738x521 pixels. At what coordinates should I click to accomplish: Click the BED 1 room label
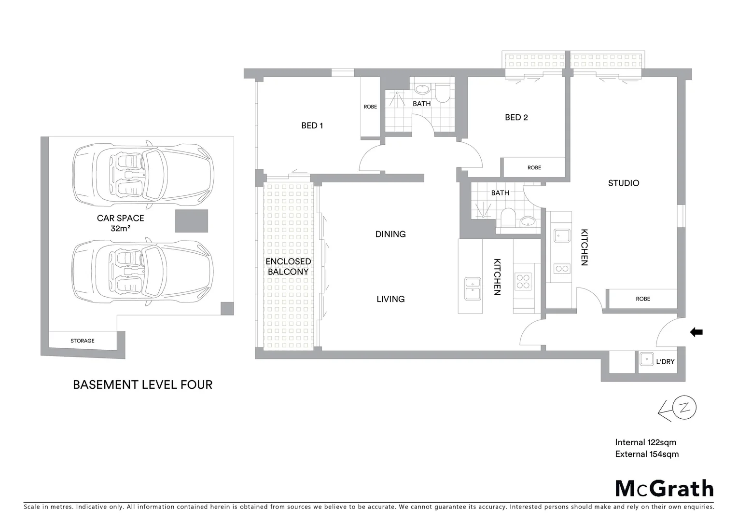(x=312, y=125)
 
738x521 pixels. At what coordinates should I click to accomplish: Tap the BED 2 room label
(x=516, y=117)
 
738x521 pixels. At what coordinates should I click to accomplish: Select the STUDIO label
(x=623, y=183)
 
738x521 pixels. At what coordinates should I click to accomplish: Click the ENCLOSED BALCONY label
(x=288, y=266)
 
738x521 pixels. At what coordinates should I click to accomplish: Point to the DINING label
(x=390, y=234)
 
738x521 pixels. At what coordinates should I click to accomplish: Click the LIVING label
(x=390, y=299)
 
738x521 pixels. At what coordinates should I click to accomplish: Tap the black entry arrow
(x=696, y=332)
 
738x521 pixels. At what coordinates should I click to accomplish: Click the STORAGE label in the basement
(x=83, y=341)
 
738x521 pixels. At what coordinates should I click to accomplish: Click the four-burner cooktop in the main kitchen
(x=523, y=281)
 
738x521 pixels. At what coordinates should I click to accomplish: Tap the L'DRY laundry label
(x=665, y=361)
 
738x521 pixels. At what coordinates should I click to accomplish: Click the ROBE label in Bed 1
(x=370, y=107)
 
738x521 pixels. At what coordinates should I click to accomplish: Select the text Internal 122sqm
(x=645, y=442)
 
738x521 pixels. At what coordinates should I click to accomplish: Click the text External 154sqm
(x=647, y=454)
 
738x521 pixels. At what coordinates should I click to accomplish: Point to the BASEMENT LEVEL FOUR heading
(x=142, y=384)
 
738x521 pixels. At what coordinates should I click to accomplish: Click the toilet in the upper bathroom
(x=442, y=94)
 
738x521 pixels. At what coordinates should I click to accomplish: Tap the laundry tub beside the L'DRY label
(x=646, y=359)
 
